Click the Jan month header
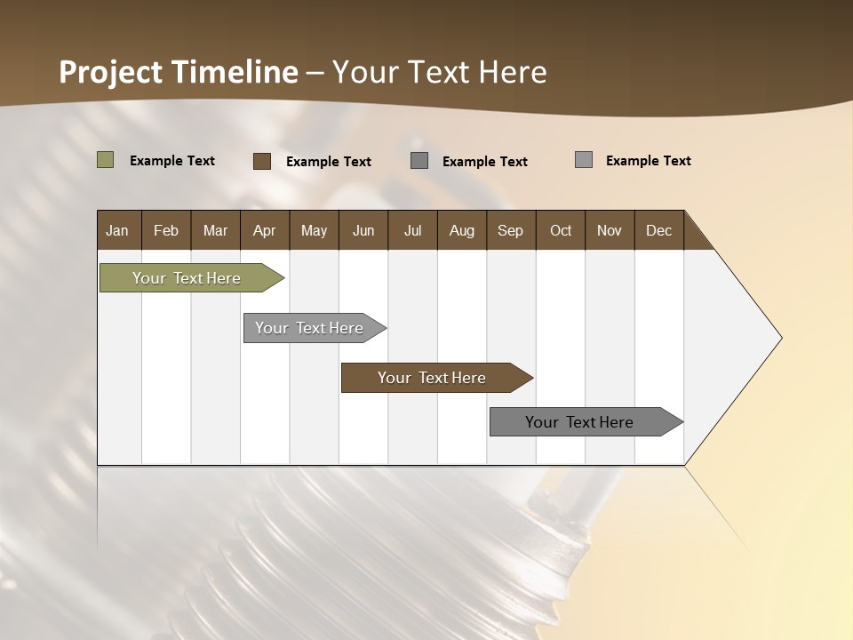[118, 230]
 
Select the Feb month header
[166, 230]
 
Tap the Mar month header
[215, 230]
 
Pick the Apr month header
[265, 230]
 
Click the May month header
[314, 230]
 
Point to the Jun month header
[363, 230]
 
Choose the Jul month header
[412, 230]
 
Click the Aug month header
[462, 230]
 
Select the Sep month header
[511, 230]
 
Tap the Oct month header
[561, 230]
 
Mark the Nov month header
[610, 230]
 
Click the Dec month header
[659, 230]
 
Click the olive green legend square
[106, 160]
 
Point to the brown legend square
[262, 161]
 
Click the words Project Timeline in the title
[179, 72]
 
